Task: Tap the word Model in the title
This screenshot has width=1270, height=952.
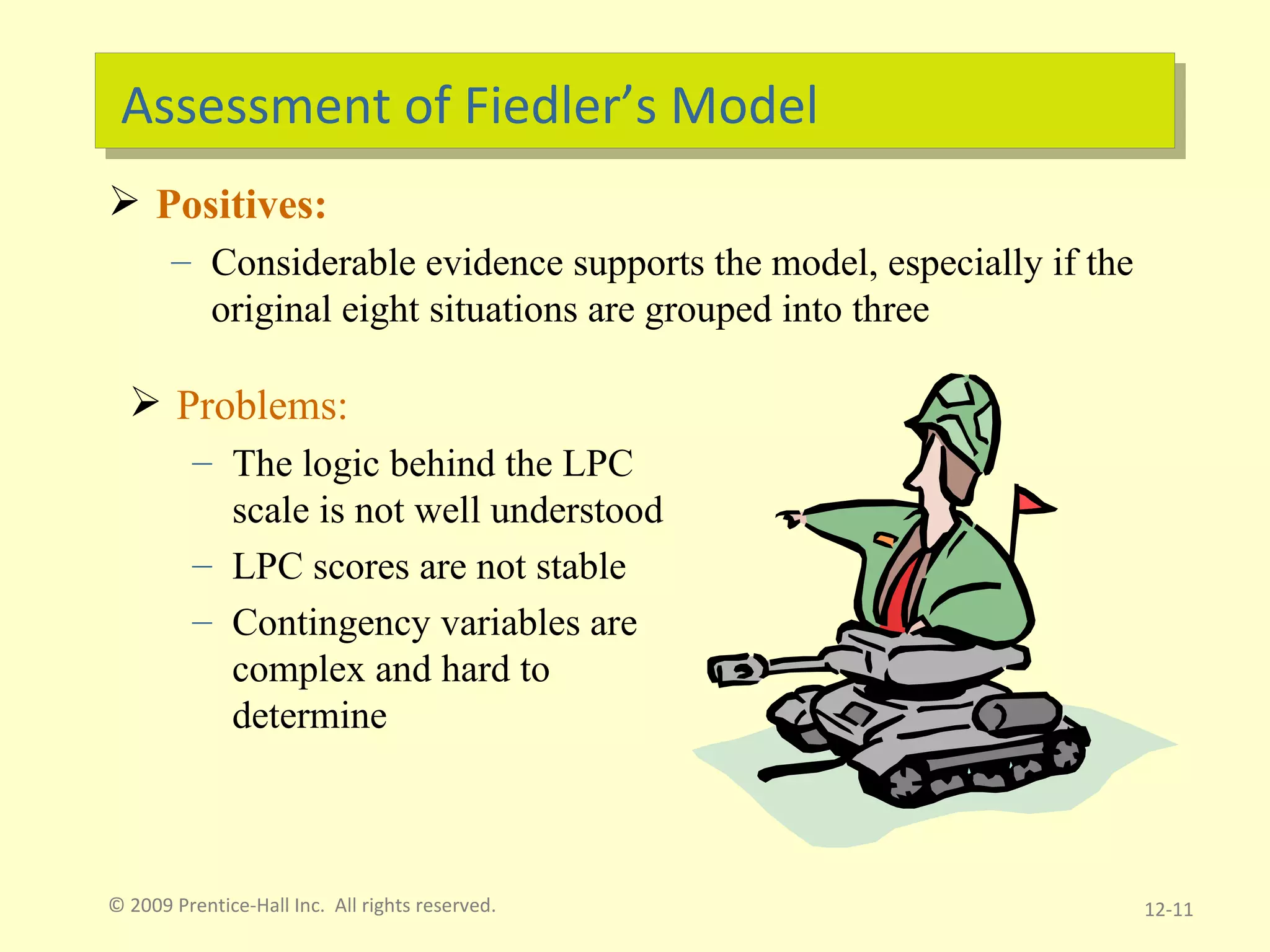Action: coord(744,106)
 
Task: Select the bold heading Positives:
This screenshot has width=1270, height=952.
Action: coord(241,205)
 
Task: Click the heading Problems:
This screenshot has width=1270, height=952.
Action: coord(262,406)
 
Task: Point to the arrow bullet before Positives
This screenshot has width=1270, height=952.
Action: coord(124,201)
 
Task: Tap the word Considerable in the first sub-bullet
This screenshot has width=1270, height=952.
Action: coord(313,263)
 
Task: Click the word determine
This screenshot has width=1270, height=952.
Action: coord(309,716)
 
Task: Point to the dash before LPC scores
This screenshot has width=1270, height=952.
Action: coord(202,566)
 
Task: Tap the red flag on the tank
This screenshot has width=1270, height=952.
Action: coord(1032,501)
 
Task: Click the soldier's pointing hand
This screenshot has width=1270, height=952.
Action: coord(790,518)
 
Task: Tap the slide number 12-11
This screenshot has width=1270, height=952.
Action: coord(1168,910)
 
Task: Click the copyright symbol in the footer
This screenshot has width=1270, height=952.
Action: coord(117,906)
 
